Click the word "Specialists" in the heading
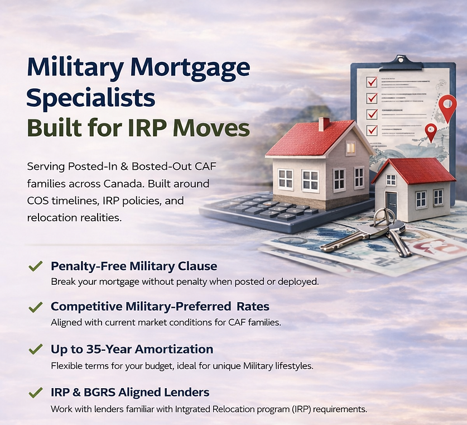(x=90, y=98)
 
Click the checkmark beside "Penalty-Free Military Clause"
(x=35, y=266)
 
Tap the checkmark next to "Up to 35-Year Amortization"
(x=35, y=350)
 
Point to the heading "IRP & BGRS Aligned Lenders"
(x=130, y=392)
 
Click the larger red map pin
(x=447, y=107)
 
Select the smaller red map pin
(x=430, y=132)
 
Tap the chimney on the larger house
(x=324, y=123)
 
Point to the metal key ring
(x=384, y=217)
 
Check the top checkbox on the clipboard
(x=372, y=82)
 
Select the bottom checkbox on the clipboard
(x=372, y=130)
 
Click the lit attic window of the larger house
(x=350, y=147)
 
